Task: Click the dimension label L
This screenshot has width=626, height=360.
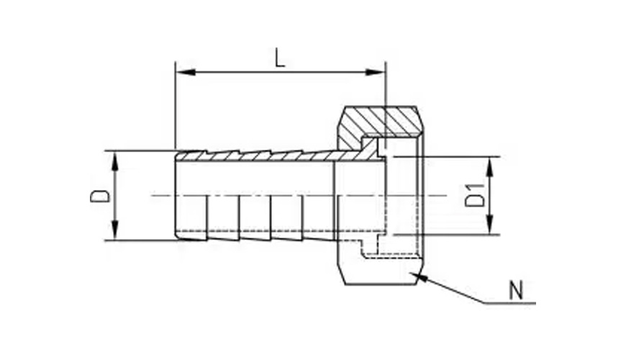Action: coord(281,58)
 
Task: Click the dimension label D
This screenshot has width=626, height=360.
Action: coord(100,196)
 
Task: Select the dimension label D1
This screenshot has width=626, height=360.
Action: coord(475,195)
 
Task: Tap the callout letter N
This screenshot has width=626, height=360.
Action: coord(516,290)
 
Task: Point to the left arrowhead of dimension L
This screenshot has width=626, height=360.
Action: coord(185,72)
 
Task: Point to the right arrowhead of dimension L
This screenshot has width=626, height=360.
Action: coord(376,72)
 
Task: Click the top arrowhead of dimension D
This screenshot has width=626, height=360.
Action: coord(115,161)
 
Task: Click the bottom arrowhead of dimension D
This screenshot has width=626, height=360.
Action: coord(115,230)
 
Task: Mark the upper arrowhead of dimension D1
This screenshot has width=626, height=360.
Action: coord(490,166)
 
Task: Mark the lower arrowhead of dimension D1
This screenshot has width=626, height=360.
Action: coord(490,225)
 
